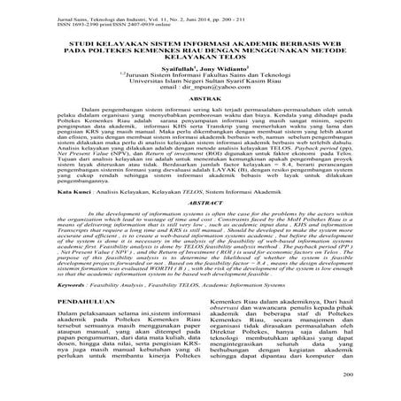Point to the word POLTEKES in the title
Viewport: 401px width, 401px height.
pos(99,51)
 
